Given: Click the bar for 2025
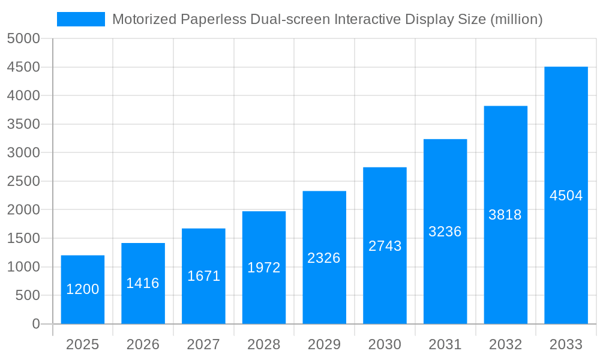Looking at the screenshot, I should click(x=83, y=289).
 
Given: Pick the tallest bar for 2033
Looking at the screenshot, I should click(x=566, y=195).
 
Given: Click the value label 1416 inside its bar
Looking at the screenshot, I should click(x=143, y=283).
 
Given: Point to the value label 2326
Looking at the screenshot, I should click(x=324, y=258).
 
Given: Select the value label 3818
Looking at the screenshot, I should click(x=505, y=215).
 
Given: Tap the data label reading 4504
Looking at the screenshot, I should click(x=566, y=196).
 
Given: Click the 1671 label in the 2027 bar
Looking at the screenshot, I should click(x=203, y=276).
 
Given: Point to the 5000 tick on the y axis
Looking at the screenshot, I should click(x=23, y=39).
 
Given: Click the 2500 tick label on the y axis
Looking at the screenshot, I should click(x=23, y=181).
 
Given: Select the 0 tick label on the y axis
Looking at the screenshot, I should click(x=35, y=324).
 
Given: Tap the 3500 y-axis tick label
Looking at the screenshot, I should click(x=23, y=124).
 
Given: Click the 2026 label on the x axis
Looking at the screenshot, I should click(x=143, y=345).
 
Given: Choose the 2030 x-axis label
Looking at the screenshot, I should click(x=385, y=345).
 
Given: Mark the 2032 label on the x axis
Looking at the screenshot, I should click(x=505, y=345).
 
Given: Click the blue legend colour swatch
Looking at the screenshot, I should click(x=81, y=19).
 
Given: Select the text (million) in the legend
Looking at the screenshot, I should click(x=517, y=19).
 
